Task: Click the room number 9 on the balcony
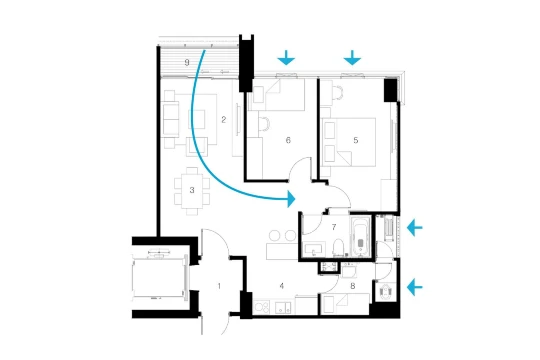(x=187, y=63)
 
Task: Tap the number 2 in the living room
(x=224, y=120)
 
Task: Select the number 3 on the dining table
(x=192, y=190)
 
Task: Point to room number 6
(x=288, y=140)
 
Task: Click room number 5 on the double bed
(x=356, y=140)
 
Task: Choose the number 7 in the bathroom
(x=334, y=227)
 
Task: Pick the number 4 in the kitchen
(x=282, y=286)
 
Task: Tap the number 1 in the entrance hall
(x=219, y=286)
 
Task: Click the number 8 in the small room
(x=353, y=286)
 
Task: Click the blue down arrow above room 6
(x=286, y=58)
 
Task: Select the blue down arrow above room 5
(x=352, y=58)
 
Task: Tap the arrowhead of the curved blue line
(x=291, y=199)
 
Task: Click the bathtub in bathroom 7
(x=360, y=237)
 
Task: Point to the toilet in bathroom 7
(x=340, y=248)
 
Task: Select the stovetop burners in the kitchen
(x=263, y=307)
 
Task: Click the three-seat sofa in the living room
(x=171, y=119)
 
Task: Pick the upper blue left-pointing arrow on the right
(x=414, y=228)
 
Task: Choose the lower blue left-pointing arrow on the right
(x=414, y=287)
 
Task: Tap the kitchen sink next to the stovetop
(x=283, y=308)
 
